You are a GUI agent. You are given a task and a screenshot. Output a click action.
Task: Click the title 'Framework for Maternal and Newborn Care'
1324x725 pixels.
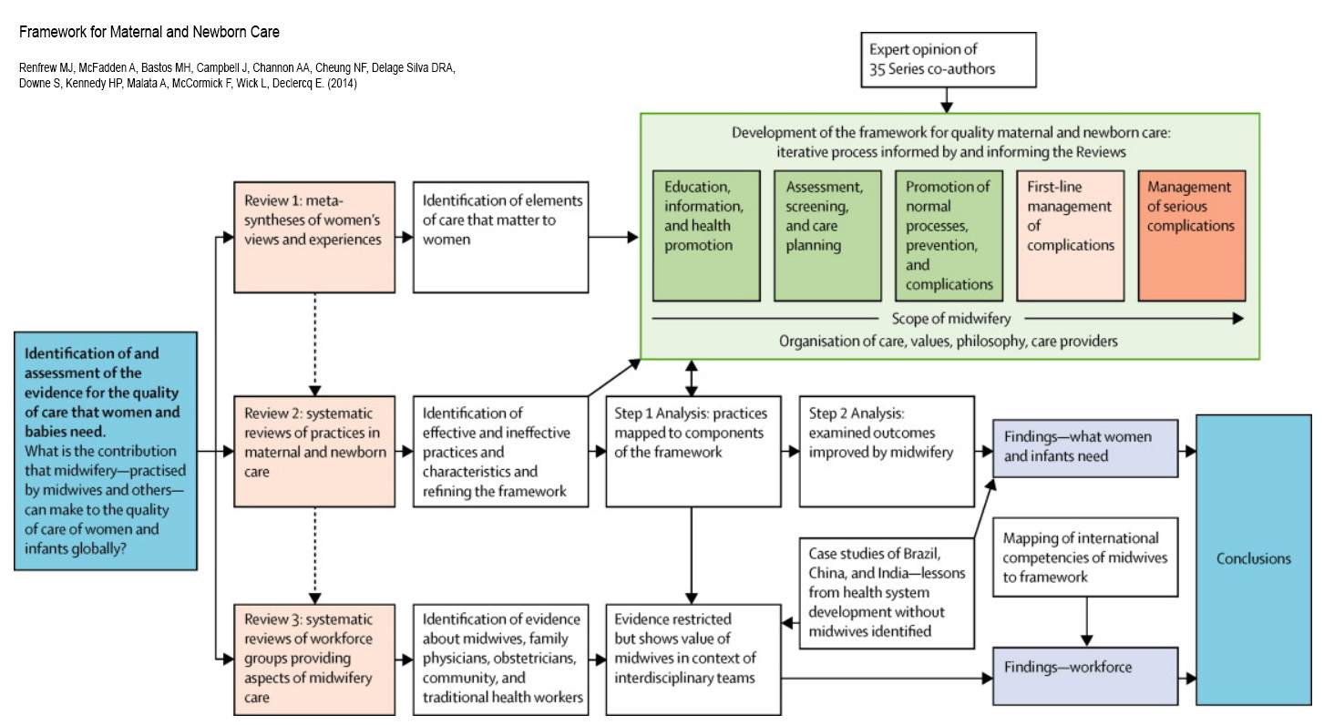pos(149,33)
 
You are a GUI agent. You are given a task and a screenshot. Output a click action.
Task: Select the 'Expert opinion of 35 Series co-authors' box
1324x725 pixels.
pos(948,59)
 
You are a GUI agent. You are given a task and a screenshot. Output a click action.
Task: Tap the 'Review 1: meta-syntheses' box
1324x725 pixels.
pos(313,237)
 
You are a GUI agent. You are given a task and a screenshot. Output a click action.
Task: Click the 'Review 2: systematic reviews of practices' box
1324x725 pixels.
pos(313,451)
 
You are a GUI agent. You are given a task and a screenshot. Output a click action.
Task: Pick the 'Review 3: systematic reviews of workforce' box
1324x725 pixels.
pos(313,659)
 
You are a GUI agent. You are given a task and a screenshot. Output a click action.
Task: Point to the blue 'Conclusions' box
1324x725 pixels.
pos(1253,559)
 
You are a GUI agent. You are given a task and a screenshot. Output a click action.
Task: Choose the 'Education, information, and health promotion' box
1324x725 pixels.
pos(706,235)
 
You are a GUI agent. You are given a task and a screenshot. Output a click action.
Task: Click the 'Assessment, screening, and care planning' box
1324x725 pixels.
pos(827,235)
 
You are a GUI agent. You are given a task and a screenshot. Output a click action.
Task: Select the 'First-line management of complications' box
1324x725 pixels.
pos(1070,235)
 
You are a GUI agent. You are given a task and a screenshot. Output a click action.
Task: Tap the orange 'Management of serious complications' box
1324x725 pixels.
pos(1191,235)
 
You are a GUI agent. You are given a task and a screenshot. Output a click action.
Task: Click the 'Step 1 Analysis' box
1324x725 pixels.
pos(692,451)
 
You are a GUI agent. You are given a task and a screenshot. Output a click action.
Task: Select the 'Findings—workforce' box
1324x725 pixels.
pos(1084,675)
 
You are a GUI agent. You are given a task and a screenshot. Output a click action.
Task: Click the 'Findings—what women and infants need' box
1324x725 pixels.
pos(1084,446)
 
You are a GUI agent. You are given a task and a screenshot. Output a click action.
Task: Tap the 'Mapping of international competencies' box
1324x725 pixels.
pos(1084,557)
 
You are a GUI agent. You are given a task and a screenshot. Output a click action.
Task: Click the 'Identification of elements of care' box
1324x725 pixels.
pos(499,237)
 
